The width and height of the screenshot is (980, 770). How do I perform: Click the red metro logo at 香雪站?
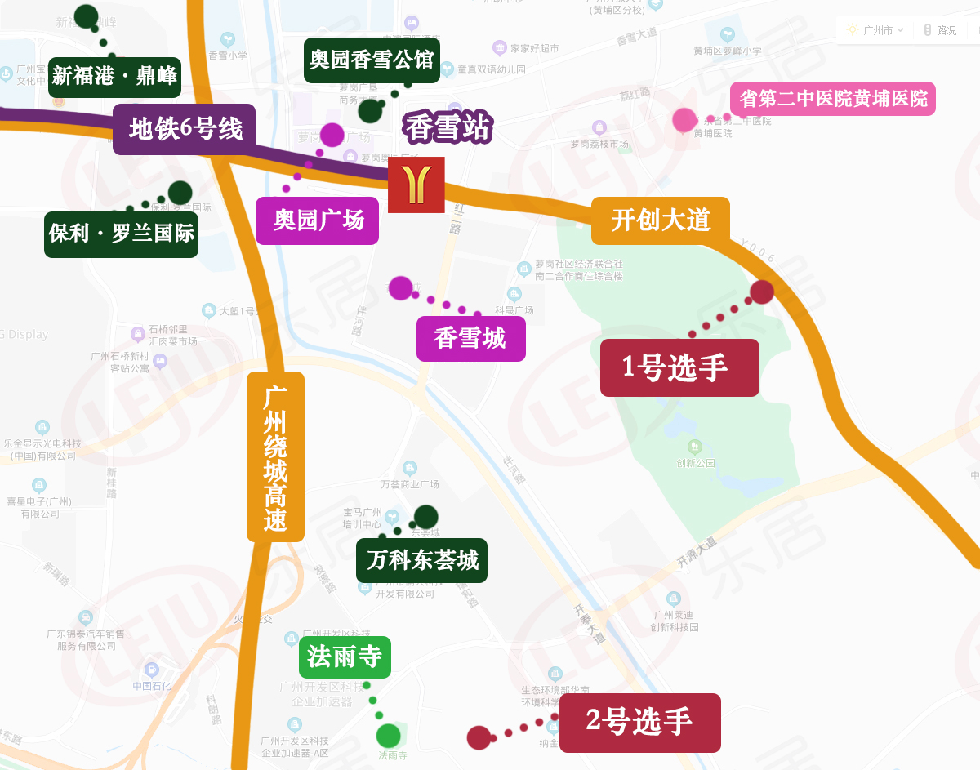[416, 185]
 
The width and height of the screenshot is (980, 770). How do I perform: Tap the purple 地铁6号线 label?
[185, 130]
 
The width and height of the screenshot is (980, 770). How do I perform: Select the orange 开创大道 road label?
[660, 220]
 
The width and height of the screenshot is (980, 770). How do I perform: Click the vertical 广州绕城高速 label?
[275, 456]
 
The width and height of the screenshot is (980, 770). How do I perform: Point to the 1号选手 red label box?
[679, 368]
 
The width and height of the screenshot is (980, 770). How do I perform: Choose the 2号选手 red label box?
[639, 723]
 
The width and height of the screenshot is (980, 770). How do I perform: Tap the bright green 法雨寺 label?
[345, 657]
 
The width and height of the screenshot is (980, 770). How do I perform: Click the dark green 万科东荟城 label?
[421, 560]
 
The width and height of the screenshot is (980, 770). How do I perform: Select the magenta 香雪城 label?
[470, 338]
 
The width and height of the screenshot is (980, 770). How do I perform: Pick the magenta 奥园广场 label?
[317, 220]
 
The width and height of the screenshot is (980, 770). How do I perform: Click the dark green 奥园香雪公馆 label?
[372, 60]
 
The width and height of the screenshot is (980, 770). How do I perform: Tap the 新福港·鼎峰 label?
[114, 77]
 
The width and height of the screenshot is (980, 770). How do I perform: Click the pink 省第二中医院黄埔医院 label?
[833, 100]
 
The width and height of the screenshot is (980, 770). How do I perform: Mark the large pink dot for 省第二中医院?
[684, 120]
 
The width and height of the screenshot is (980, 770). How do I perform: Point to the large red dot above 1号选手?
[762, 292]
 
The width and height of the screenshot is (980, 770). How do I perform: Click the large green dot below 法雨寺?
[389, 736]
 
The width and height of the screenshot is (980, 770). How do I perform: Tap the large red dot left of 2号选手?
[479, 738]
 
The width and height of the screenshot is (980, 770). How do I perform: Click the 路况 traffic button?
[940, 30]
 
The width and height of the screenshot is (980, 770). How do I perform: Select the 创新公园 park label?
[695, 462]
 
